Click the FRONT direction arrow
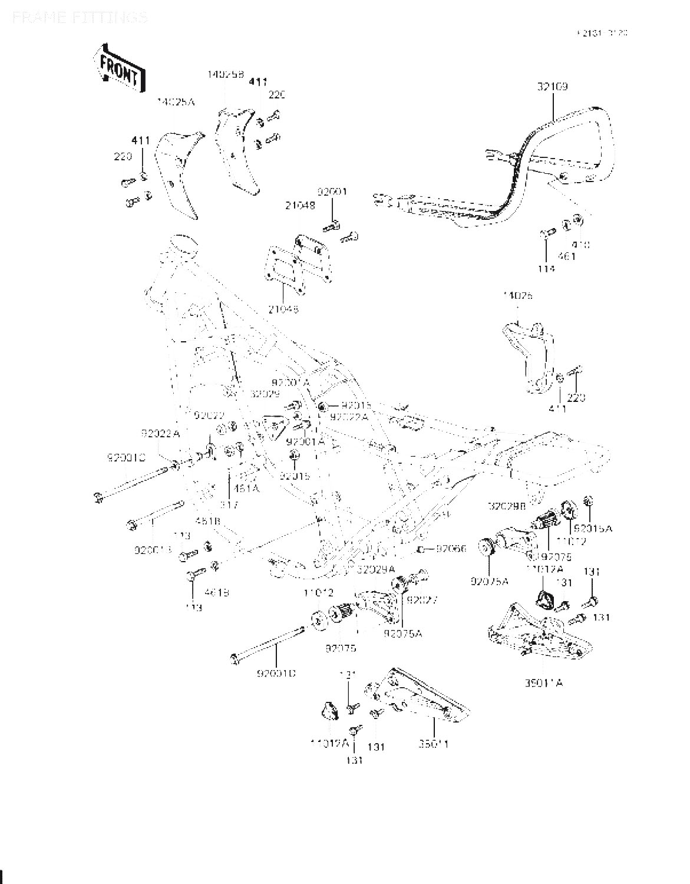(x=120, y=66)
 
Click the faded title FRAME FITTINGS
(x=79, y=17)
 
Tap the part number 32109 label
(x=552, y=87)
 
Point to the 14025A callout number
(x=175, y=102)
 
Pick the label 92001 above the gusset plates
(x=333, y=192)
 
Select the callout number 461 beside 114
(x=566, y=256)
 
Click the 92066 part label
(x=451, y=549)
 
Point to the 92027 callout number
(x=421, y=600)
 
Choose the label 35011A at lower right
(x=543, y=683)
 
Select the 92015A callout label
(x=593, y=529)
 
